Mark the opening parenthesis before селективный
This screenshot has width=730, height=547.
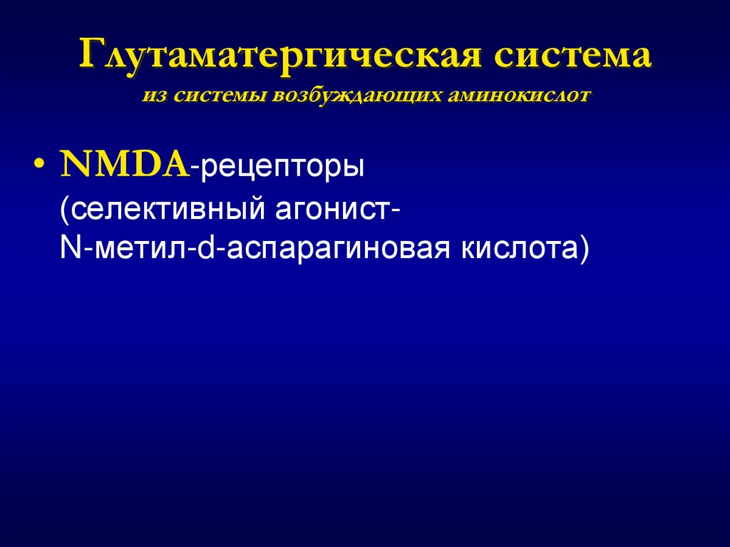[x=65, y=211]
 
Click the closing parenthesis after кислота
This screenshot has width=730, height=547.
[x=585, y=251]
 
